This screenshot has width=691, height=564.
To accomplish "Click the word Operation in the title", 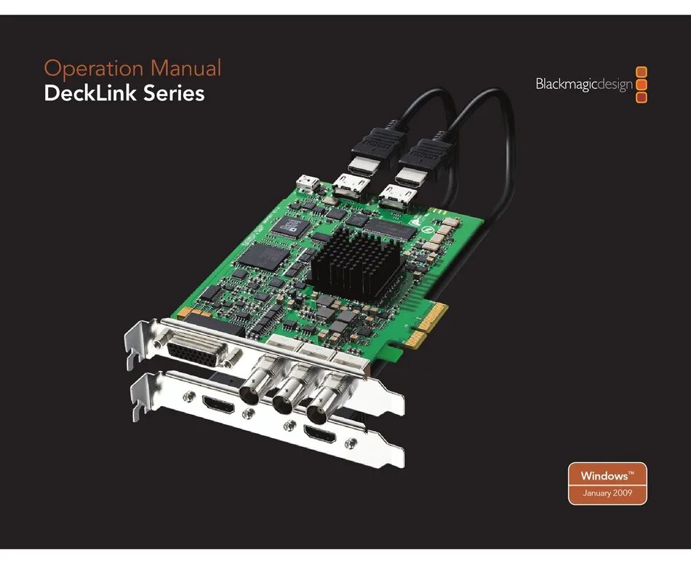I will (x=94, y=70).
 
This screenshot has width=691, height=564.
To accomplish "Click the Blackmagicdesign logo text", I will (x=584, y=84).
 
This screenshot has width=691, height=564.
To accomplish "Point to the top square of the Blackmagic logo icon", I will (x=641, y=72).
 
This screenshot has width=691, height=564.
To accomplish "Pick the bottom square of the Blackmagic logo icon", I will (x=641, y=98).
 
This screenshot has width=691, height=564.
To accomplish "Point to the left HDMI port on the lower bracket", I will (x=218, y=405).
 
